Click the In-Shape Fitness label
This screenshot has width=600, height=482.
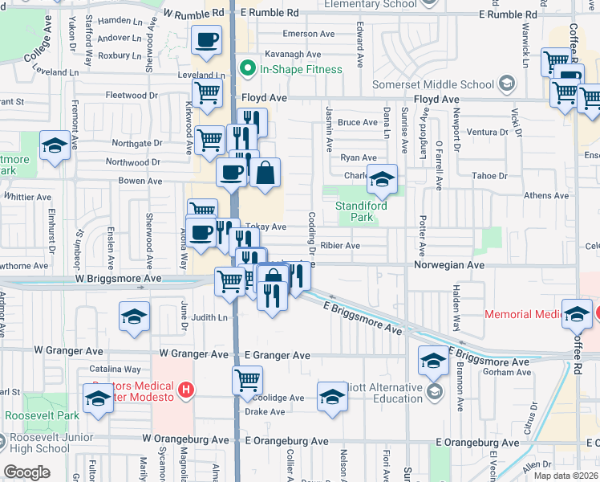coord(300,69)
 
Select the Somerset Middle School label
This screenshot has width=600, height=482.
coord(433,84)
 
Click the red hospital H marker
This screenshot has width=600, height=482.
coord(186,391)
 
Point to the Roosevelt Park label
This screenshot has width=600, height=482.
coord(43,415)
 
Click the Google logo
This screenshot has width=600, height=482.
coord(26,472)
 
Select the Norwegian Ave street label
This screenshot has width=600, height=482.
coord(449,264)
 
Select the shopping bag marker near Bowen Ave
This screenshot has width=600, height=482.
coord(265,171)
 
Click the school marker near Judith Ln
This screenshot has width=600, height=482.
coord(134,316)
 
